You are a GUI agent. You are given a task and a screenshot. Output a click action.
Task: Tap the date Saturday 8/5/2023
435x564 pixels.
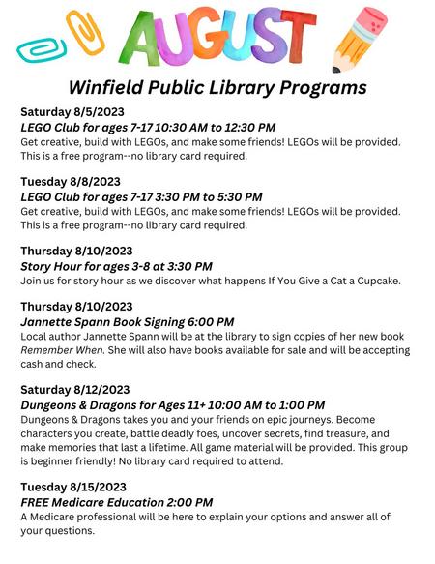pyautogui.click(x=72, y=113)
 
